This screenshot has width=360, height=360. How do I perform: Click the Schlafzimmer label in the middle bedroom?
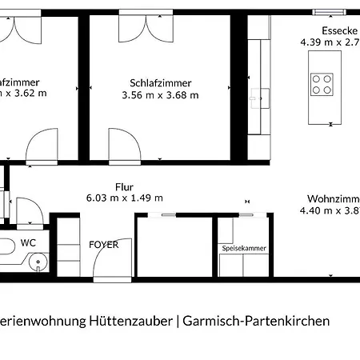(x=159, y=82)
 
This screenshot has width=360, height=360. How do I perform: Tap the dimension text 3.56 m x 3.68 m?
(x=159, y=95)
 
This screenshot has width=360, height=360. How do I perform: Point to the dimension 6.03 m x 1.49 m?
(x=124, y=198)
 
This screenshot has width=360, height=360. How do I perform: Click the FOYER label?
(x=104, y=245)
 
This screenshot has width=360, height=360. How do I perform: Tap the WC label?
(x=29, y=242)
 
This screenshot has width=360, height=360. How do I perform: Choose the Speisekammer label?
(x=243, y=249)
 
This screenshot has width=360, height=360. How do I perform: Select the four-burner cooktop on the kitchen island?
(x=322, y=84)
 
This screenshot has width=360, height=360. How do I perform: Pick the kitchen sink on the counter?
(x=257, y=98)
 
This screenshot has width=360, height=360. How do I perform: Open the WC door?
(x=30, y=211)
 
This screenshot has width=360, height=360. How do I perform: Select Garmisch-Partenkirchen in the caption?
(x=257, y=322)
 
